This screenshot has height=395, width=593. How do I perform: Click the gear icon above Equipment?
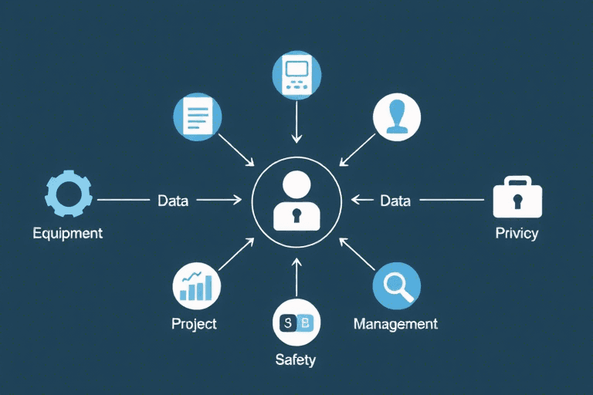[69, 194]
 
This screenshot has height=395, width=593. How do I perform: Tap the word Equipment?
[68, 233]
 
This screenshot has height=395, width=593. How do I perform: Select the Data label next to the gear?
[173, 201]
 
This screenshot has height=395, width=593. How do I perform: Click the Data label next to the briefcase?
[395, 201]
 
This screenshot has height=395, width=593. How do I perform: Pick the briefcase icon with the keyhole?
[517, 197]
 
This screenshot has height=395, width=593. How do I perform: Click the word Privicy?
[517, 233]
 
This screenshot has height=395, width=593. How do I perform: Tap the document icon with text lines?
[198, 117]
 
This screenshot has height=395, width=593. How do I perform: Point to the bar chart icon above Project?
[196, 285]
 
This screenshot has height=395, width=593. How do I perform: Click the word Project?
[194, 324]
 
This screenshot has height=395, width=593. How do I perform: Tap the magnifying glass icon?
[396, 286]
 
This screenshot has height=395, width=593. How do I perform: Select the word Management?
[395, 324]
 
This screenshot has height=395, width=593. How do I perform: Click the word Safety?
[296, 360]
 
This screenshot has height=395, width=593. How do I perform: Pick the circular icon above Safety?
[296, 322]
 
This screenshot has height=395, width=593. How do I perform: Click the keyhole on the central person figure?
[296, 217]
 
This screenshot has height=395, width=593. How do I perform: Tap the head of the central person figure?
[296, 184]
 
